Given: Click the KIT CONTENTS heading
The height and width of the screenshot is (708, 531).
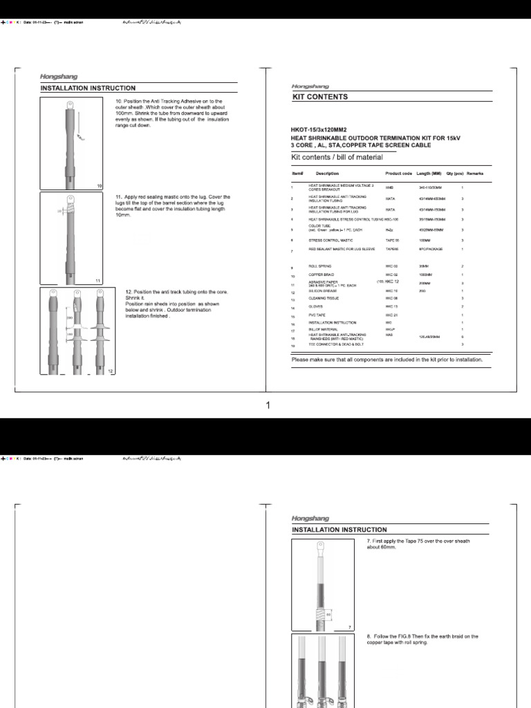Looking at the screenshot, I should click(320, 97).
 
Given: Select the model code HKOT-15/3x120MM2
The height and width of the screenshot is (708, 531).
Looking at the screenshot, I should click(319, 130).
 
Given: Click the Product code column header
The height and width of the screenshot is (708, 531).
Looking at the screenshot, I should click(398, 174).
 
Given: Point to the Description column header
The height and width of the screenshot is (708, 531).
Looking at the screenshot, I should click(327, 174).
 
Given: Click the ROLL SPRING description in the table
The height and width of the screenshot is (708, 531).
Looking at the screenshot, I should click(320, 266).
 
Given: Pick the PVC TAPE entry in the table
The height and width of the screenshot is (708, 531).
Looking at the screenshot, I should click(318, 315).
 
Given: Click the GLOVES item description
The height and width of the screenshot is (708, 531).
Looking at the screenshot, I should click(317, 307).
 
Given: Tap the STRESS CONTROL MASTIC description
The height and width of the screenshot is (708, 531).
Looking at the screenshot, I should click(331, 239).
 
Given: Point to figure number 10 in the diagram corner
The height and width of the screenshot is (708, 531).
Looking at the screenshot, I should click(100, 187).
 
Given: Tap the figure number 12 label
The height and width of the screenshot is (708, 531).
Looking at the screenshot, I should click(110, 372).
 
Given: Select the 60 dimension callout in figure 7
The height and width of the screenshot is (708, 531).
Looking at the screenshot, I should click(329, 613).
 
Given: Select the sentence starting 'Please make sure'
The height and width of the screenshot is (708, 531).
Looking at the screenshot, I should click(386, 360).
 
